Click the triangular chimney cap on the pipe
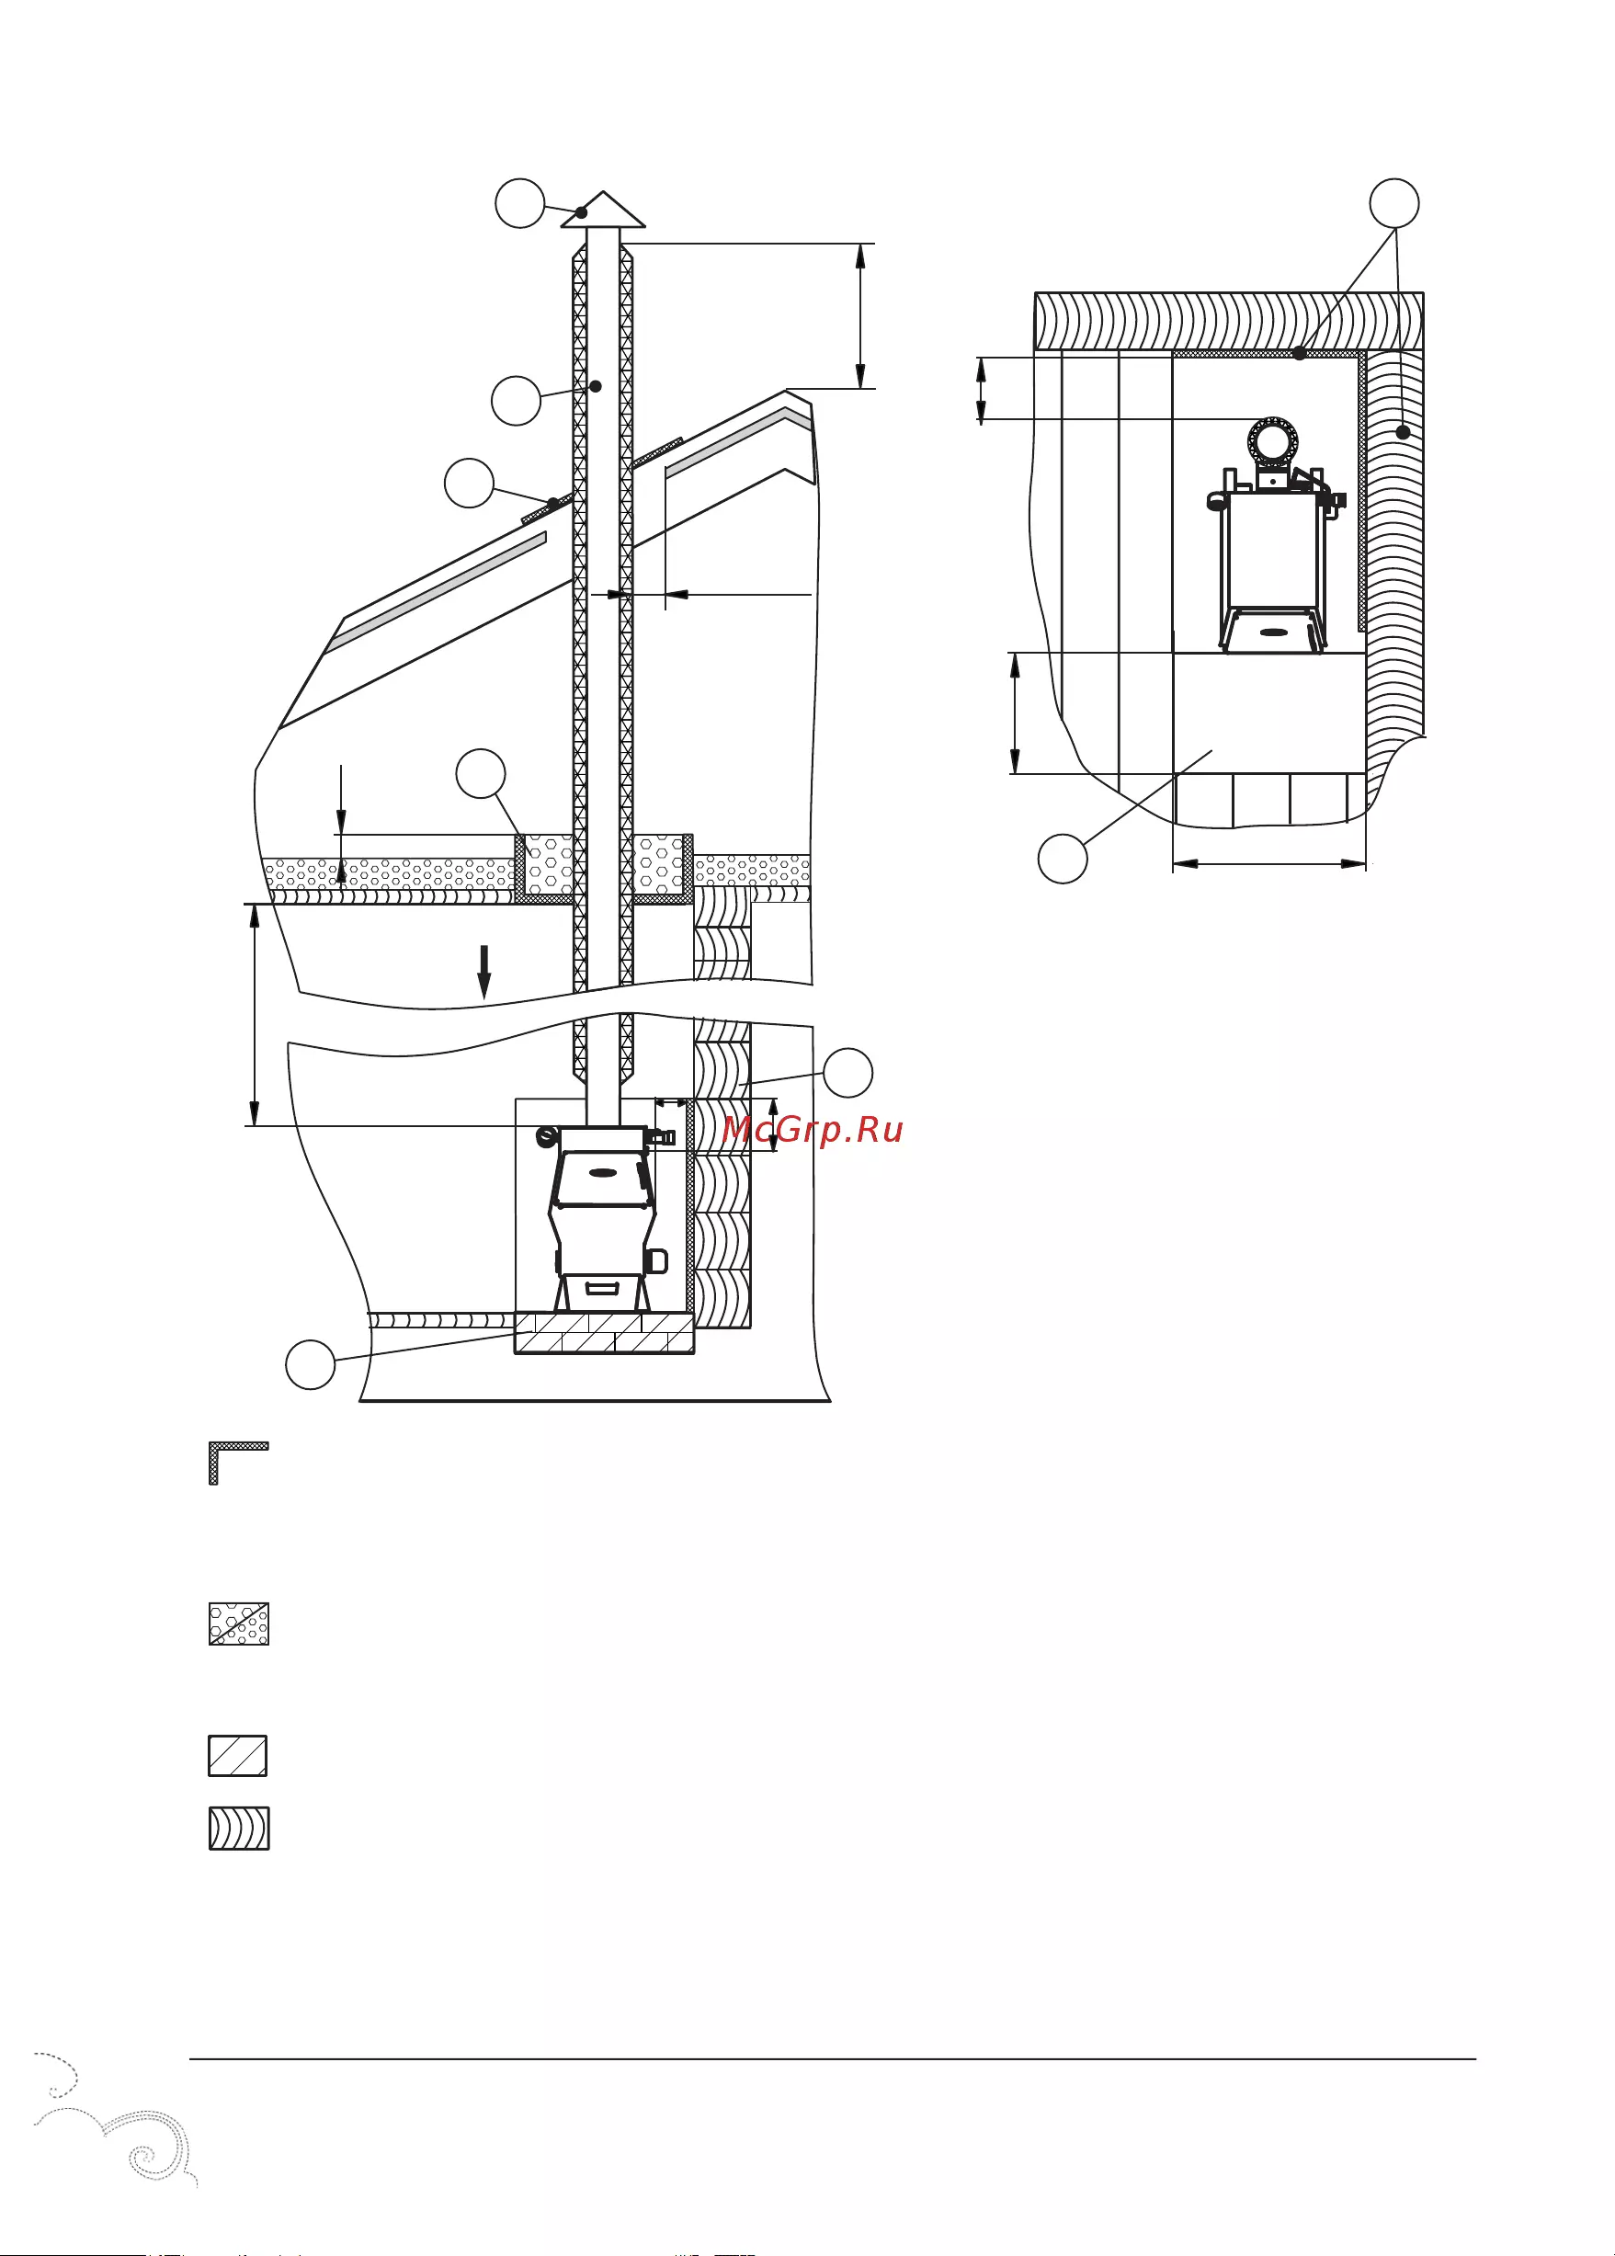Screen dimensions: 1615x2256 pos(603,210)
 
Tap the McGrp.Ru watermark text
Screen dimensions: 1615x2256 pos(813,1130)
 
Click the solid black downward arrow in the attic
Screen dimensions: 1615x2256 pos(484,972)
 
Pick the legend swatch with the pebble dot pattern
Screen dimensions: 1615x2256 pos(239,1624)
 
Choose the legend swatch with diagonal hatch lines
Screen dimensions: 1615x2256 pos(238,1756)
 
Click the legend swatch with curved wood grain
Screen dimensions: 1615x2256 pos(239,1829)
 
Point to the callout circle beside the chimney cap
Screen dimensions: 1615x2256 pos(520,203)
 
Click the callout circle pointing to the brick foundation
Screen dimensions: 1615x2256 pos(311,1365)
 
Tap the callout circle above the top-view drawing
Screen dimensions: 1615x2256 pos(1394,204)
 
